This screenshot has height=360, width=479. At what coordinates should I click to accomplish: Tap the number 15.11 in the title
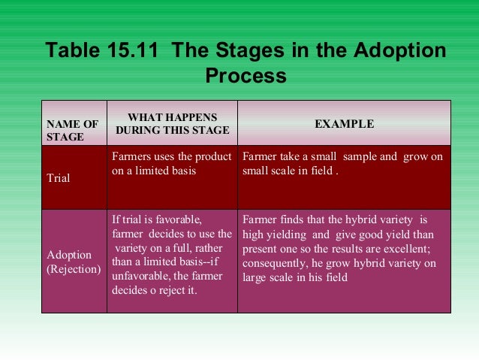[x=140, y=51]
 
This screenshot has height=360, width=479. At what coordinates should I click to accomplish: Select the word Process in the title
[x=246, y=76]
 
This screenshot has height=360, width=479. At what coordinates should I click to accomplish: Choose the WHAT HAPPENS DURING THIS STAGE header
[x=172, y=124]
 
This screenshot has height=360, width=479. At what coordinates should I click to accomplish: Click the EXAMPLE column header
[x=344, y=124]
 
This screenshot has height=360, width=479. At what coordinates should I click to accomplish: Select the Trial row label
[x=58, y=179]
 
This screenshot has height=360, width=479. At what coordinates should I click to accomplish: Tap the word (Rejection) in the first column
[x=74, y=269]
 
